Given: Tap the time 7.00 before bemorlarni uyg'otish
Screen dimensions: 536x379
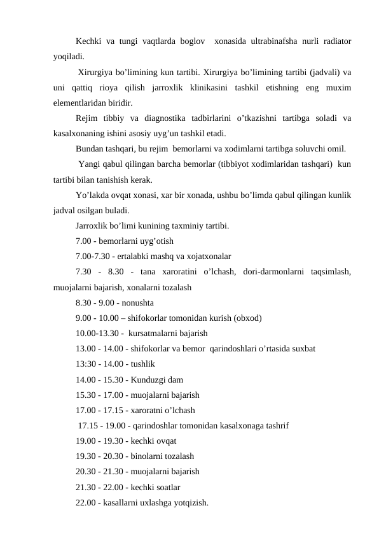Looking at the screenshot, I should [x=84, y=241].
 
